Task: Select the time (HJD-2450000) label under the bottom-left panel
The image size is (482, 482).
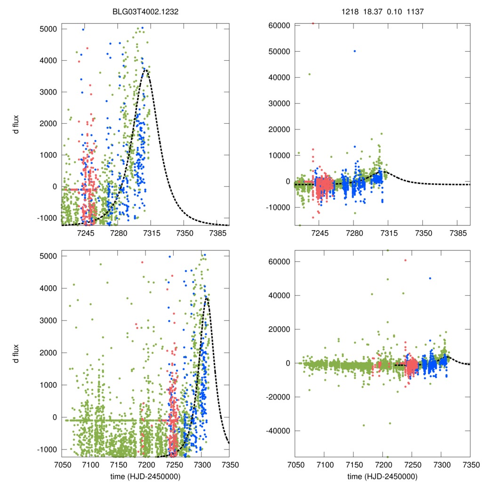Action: coord(145,476)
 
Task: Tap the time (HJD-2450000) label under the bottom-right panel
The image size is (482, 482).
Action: coord(382,476)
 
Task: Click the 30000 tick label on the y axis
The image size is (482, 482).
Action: coord(281,103)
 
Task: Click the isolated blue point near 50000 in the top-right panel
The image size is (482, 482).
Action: coord(354,51)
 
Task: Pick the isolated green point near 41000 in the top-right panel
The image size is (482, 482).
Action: coord(309,74)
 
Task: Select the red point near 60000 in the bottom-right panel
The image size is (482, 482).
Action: coord(405,260)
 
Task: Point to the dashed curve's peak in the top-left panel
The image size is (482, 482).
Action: coord(146,70)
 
